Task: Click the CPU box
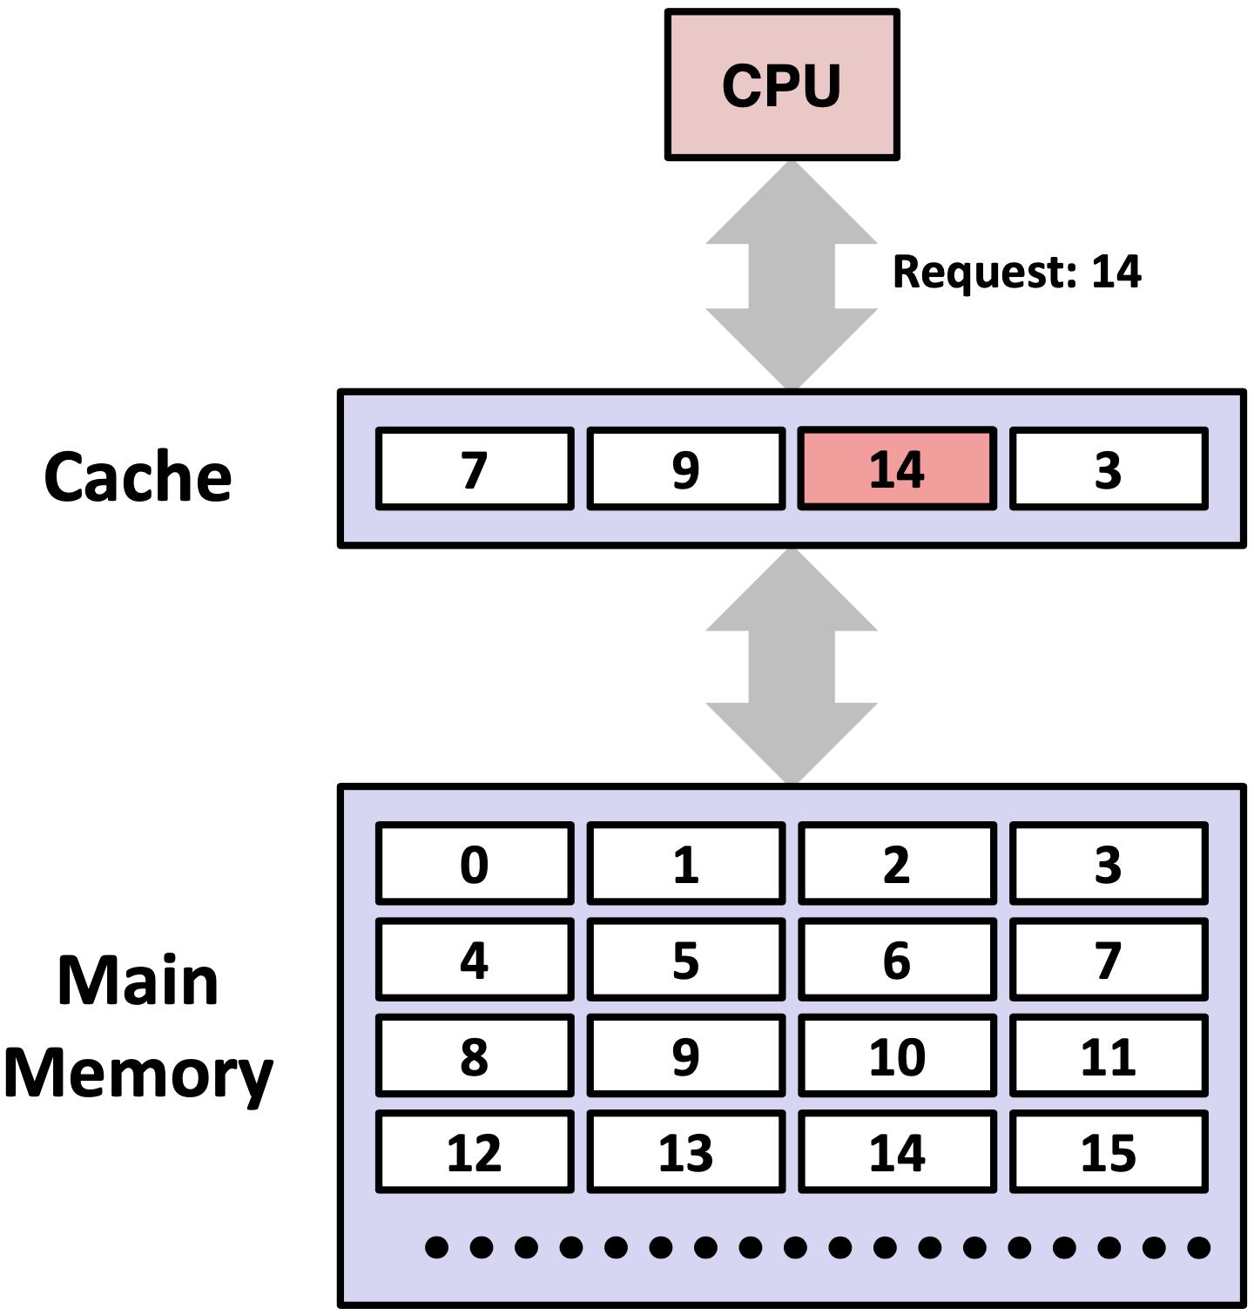point(781,85)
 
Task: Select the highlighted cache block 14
point(897,469)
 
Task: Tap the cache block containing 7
point(475,469)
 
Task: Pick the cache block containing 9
point(686,469)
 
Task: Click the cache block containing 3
point(1109,469)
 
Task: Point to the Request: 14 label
point(1016,272)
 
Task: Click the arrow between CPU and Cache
point(792,275)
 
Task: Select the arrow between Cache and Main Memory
point(792,666)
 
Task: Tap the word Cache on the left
point(138,477)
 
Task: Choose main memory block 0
point(475,864)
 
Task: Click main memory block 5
point(686,960)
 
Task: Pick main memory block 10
point(897,1055)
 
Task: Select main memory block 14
point(897,1151)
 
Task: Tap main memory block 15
point(1109,1151)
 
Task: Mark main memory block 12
point(475,1151)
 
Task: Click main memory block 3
point(1109,864)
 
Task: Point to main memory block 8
point(475,1055)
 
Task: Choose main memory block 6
point(897,960)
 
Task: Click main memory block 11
point(1109,1055)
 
